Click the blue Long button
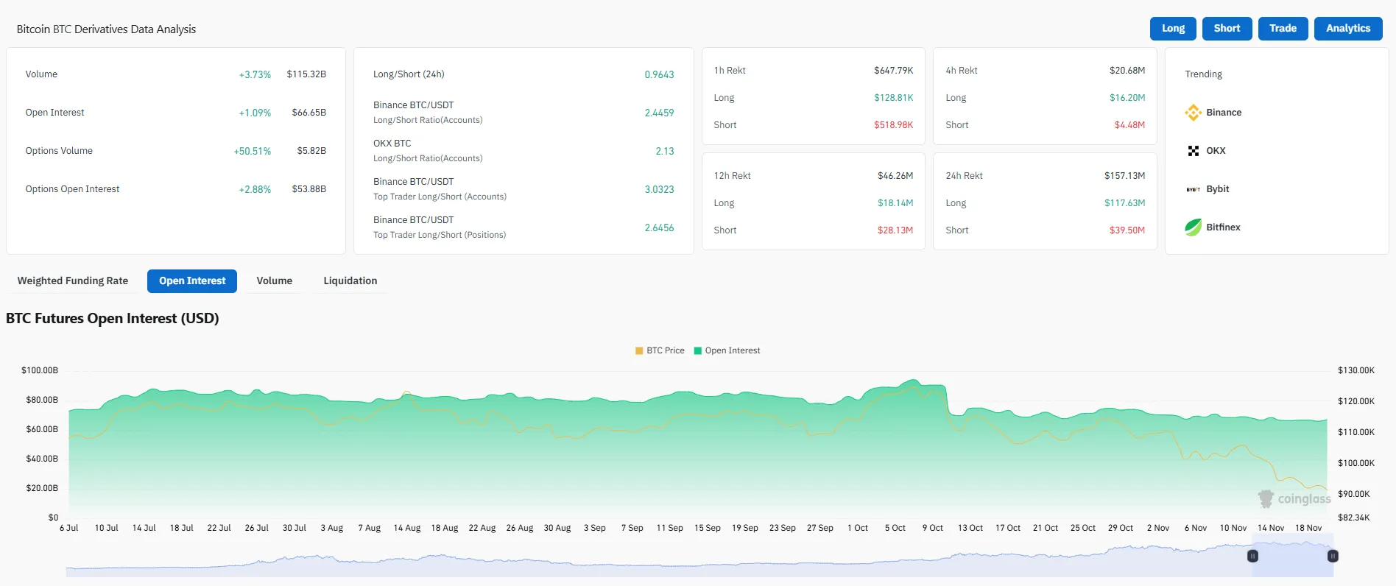click(1173, 29)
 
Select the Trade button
click(1283, 29)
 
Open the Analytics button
click(1347, 29)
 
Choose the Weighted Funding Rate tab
click(73, 281)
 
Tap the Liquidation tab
click(350, 281)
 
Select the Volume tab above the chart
click(274, 281)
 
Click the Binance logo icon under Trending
click(1193, 113)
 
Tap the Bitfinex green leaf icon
click(1193, 227)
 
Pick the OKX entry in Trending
click(1216, 151)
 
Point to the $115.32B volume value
click(306, 74)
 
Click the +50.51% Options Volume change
click(252, 151)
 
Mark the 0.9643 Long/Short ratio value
click(659, 74)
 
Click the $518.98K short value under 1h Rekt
click(893, 125)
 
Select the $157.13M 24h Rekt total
click(1124, 176)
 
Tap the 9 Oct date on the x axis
click(932, 528)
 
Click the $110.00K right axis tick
click(1356, 432)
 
